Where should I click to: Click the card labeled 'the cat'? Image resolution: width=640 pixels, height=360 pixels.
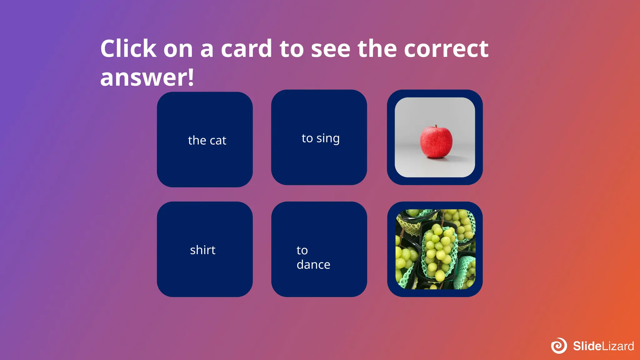pyautogui.click(x=205, y=139)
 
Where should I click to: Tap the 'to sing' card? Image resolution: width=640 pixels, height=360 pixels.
pyautogui.click(x=319, y=137)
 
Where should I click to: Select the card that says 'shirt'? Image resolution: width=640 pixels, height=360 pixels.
pyautogui.click(x=205, y=249)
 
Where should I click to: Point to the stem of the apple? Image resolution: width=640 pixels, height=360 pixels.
pyautogui.click(x=436, y=127)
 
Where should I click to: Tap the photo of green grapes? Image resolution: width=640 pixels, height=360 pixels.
pyautogui.click(x=435, y=249)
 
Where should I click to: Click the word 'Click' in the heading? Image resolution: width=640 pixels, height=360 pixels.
pyautogui.click(x=128, y=49)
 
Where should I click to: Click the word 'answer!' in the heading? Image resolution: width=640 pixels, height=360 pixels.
pyautogui.click(x=147, y=77)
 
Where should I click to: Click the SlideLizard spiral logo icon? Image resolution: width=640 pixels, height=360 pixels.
pyautogui.click(x=559, y=346)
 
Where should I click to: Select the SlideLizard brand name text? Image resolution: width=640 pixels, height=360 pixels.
pyautogui.click(x=603, y=346)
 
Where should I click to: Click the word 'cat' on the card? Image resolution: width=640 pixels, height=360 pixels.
pyautogui.click(x=218, y=141)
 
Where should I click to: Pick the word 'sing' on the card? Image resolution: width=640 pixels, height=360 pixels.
pyautogui.click(x=328, y=138)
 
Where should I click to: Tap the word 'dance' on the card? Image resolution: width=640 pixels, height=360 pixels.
pyautogui.click(x=313, y=265)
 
